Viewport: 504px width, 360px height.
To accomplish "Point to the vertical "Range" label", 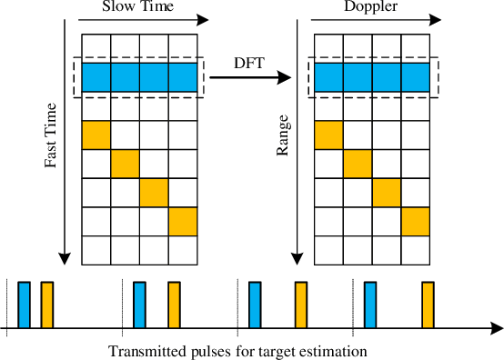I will tap(283, 137).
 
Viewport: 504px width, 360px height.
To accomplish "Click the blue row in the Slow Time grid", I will tap(139, 76).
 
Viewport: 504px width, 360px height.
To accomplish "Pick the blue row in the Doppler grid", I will tap(372, 76).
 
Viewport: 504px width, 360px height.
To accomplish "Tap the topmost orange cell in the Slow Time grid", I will tap(96, 135).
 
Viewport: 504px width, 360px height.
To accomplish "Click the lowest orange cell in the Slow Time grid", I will tap(183, 222).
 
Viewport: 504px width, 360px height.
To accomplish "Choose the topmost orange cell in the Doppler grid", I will tap(328, 135).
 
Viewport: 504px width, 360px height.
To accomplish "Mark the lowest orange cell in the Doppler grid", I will tap(416, 222).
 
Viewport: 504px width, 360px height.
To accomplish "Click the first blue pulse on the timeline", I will tap(24, 304).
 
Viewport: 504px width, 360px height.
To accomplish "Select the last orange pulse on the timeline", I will tap(427, 304).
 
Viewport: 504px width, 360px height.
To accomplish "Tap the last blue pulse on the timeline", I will tap(370, 304).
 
